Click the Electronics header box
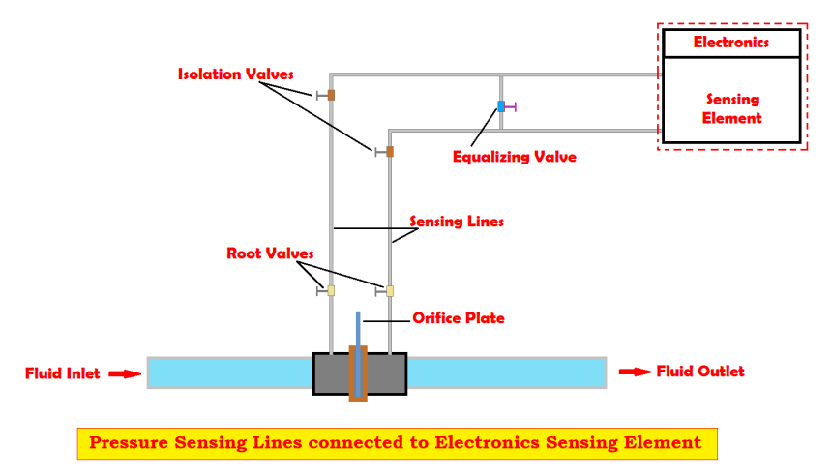(731, 43)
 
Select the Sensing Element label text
(732, 108)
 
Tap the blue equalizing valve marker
(501, 105)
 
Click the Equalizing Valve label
(514, 156)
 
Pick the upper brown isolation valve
(331, 95)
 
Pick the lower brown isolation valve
(390, 151)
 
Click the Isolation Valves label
(235, 74)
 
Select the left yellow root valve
(331, 289)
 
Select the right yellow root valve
(390, 289)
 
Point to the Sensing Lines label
(457, 221)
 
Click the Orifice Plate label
(459, 317)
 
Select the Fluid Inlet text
(62, 372)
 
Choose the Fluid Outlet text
(700, 372)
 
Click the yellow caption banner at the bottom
(396, 443)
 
